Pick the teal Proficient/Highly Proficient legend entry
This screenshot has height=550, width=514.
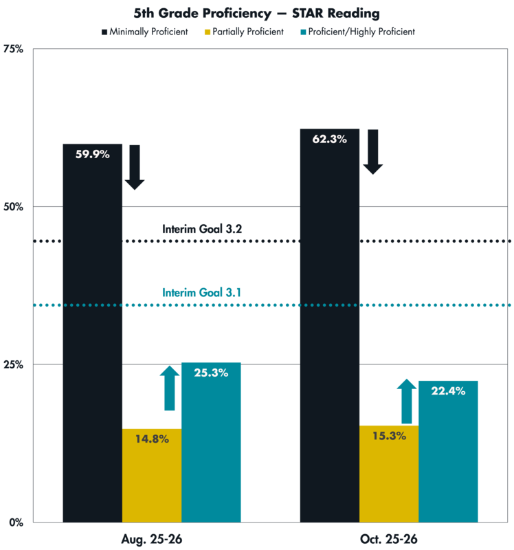coord(357,32)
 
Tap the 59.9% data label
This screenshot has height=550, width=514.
coord(92,155)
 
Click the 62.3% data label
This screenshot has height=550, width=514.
coord(329,139)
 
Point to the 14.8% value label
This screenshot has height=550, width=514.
coord(152,439)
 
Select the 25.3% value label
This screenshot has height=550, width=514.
coord(211,373)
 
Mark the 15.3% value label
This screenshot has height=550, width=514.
coord(388,435)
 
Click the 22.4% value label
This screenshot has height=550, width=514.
coord(448,390)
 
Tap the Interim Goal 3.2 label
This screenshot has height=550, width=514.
coord(202,228)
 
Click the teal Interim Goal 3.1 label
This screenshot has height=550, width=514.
coord(202,292)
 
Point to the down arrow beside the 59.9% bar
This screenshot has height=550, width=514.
coord(135,167)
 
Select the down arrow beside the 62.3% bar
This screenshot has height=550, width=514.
coord(372,152)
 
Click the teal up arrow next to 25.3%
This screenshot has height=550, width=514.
coord(169,388)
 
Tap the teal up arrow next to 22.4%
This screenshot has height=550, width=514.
coord(406,401)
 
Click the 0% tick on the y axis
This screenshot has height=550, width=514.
coord(16,522)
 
